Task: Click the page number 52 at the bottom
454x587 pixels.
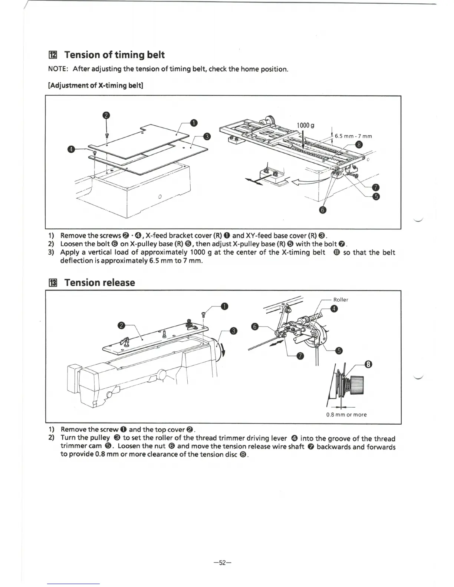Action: tap(223, 563)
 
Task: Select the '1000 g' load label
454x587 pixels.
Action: tap(306, 125)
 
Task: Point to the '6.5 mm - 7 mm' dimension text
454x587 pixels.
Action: tap(353, 136)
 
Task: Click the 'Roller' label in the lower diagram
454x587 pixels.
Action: tap(340, 299)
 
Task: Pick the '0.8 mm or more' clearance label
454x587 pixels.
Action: tap(346, 414)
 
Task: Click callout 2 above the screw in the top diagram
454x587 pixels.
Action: tap(106, 115)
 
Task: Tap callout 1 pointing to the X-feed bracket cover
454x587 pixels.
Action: tap(194, 123)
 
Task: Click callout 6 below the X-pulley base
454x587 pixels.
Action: tap(323, 210)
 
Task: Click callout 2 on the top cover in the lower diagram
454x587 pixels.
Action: tap(121, 326)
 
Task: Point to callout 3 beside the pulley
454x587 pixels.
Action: tap(233, 331)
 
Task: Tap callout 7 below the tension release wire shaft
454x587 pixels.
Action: tap(301, 356)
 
